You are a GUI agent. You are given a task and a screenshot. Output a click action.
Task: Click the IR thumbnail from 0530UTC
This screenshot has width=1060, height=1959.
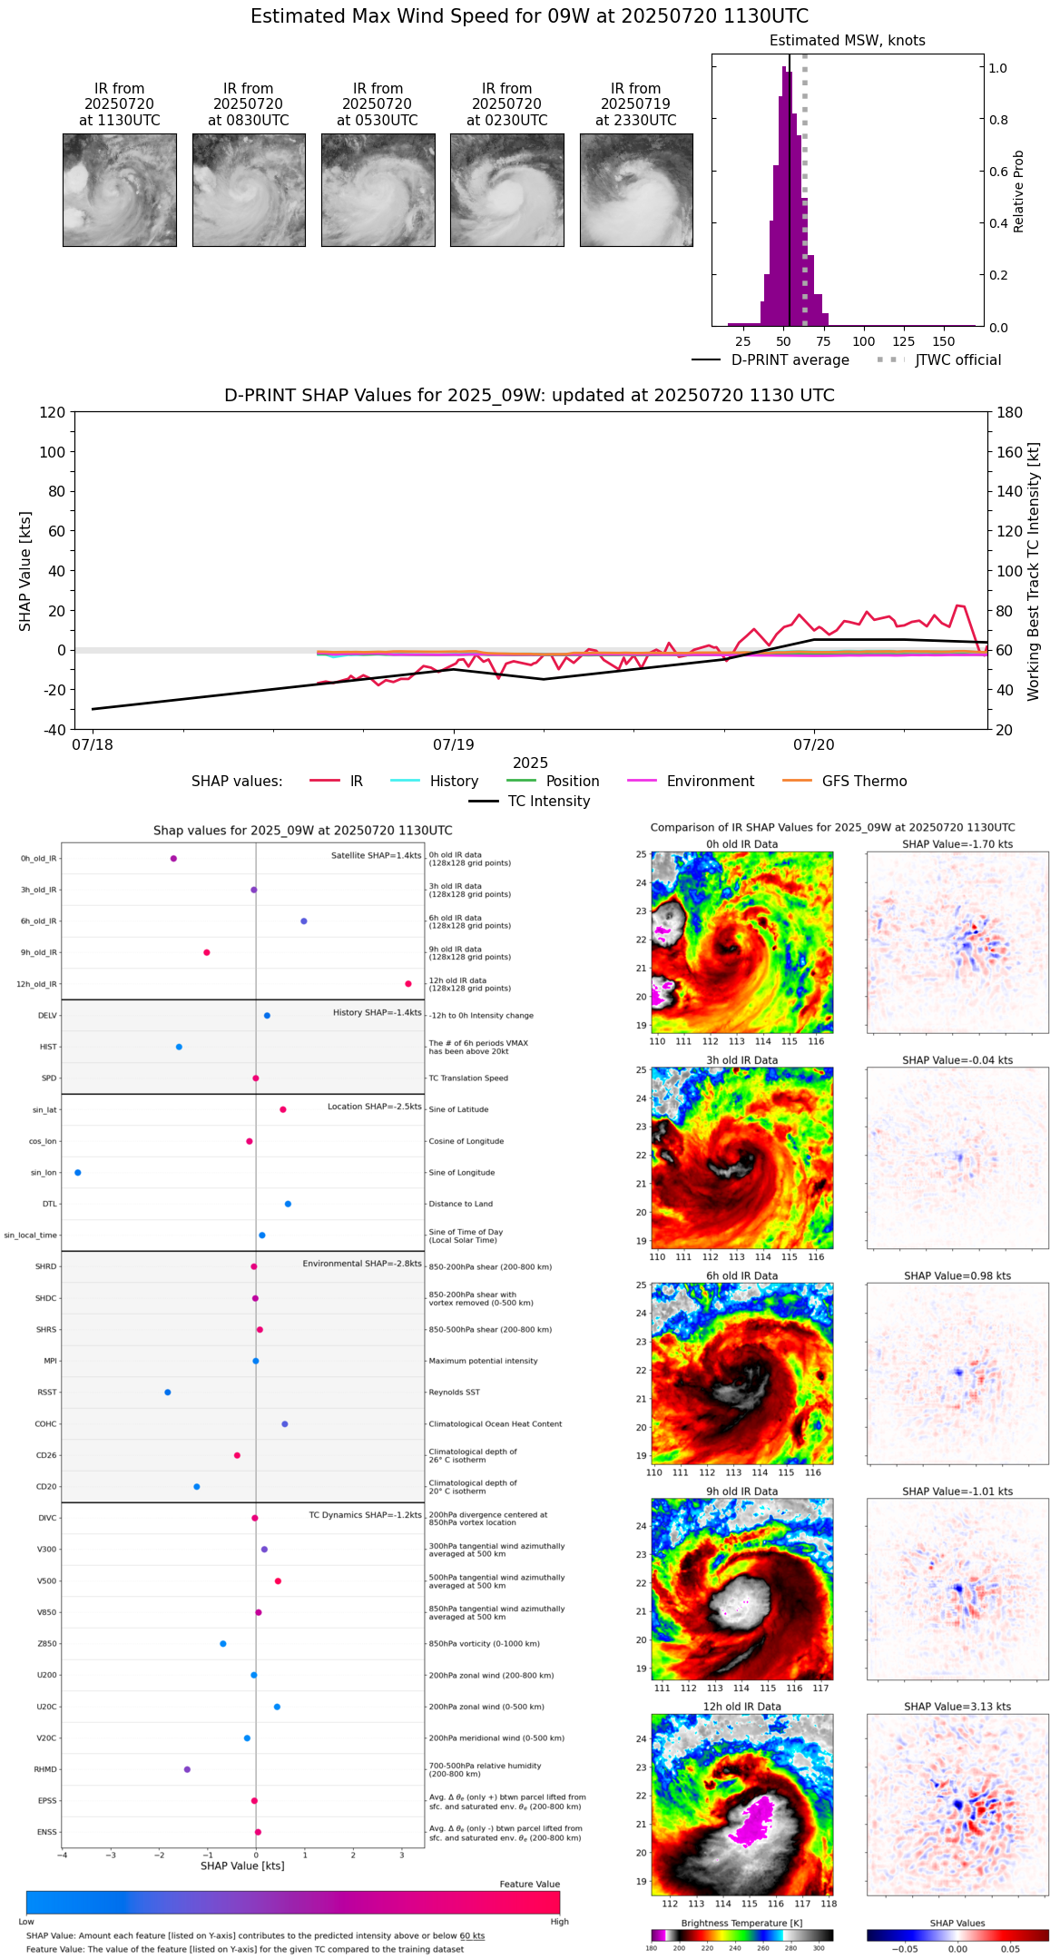tap(378, 190)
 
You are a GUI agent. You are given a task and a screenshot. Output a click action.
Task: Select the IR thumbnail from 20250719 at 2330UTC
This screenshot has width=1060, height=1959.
tap(636, 190)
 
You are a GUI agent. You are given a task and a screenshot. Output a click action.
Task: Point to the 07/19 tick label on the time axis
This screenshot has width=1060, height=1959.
tap(454, 744)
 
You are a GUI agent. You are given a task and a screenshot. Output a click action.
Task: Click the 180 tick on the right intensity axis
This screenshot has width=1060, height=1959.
tap(1010, 412)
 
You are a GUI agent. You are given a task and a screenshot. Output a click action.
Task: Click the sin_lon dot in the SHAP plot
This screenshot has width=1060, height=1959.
tap(78, 1173)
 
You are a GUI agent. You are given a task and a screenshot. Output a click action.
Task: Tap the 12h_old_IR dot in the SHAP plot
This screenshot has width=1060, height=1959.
tap(408, 984)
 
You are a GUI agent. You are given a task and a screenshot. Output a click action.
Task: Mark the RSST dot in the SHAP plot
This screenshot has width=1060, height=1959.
tap(168, 1393)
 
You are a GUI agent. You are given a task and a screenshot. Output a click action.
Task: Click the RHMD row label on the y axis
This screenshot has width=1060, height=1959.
tap(46, 1769)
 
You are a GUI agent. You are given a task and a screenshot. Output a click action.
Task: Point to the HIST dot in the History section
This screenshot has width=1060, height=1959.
tap(179, 1047)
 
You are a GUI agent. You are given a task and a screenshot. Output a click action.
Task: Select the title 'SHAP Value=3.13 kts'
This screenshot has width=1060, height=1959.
tap(957, 1707)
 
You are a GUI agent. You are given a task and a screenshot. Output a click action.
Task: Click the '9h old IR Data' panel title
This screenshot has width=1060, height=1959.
tap(741, 1491)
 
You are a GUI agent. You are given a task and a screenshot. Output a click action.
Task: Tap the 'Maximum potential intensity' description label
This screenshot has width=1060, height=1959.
tap(483, 1361)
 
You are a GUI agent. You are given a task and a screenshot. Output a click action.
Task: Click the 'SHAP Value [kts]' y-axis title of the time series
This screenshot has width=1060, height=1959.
tap(25, 571)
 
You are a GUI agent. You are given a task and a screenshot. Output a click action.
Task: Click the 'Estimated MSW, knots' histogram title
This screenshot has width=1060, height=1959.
tap(847, 41)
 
